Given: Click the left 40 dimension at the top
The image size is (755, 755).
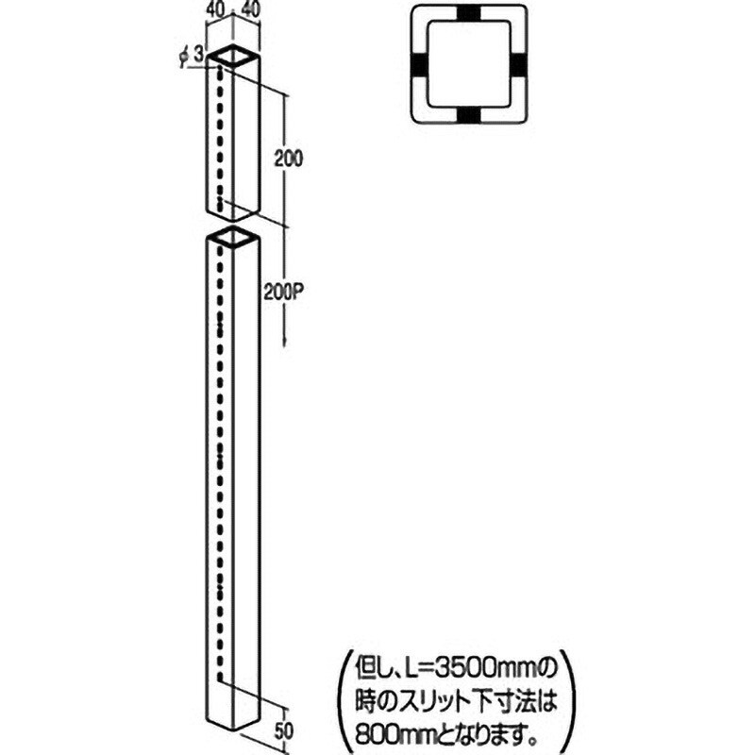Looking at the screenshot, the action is tap(216, 10).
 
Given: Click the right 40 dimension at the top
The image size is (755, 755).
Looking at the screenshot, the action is tap(251, 10).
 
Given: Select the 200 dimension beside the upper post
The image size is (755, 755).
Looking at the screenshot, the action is tap(289, 159).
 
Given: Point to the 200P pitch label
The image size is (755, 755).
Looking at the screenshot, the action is tap(285, 292).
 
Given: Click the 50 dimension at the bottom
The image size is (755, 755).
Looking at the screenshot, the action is tap(283, 730).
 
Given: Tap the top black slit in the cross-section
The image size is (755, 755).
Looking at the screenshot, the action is tap(468, 13).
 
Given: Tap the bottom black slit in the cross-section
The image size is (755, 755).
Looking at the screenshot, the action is tap(468, 115).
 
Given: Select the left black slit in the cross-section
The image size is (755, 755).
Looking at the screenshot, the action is tap(418, 64).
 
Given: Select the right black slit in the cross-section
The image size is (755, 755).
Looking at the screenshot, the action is tap(520, 64).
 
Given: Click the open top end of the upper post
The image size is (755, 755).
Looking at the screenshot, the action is tap(233, 56).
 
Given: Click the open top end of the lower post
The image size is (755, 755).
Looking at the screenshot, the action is tap(233, 238).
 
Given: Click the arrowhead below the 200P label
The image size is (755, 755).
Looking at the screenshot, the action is tap(285, 342).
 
